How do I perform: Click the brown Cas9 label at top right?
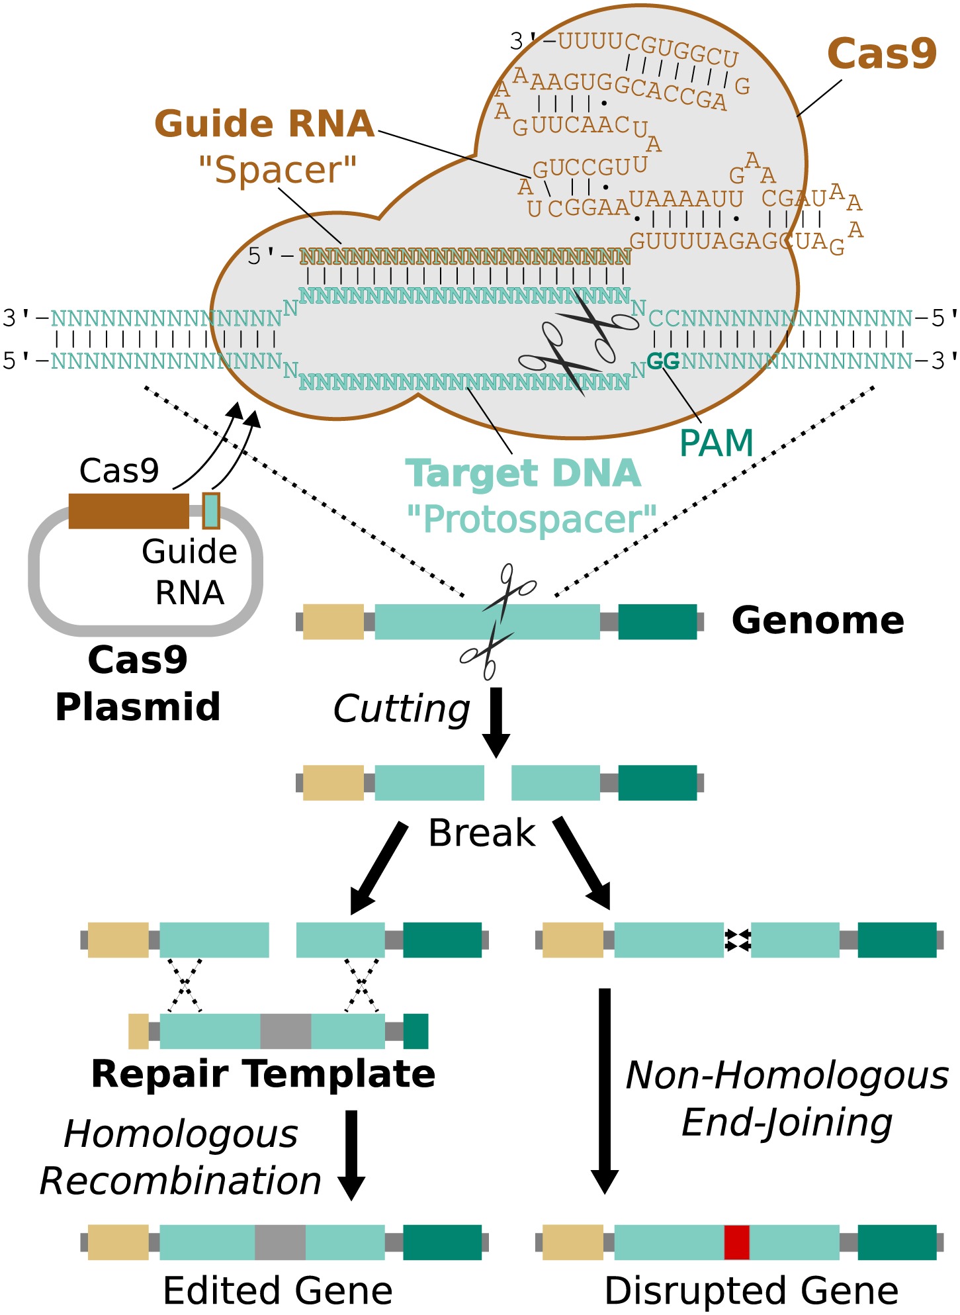click(881, 54)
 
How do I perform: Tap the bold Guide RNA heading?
click(265, 124)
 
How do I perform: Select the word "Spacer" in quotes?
click(278, 171)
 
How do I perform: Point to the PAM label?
click(717, 443)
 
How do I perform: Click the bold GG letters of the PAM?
click(663, 361)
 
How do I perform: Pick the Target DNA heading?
click(523, 474)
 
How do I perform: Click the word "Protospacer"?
click(532, 520)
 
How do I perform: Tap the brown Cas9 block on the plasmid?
click(128, 511)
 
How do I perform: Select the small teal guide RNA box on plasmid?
click(211, 511)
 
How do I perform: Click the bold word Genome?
click(818, 621)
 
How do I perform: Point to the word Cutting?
click(402, 709)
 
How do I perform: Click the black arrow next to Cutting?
click(496, 721)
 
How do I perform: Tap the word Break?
click(482, 833)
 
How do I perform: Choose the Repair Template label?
click(263, 1073)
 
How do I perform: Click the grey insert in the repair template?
click(285, 1031)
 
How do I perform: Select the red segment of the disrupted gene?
click(736, 1242)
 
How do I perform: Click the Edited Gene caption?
click(278, 1291)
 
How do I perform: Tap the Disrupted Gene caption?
click(752, 1291)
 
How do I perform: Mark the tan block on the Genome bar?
click(333, 621)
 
